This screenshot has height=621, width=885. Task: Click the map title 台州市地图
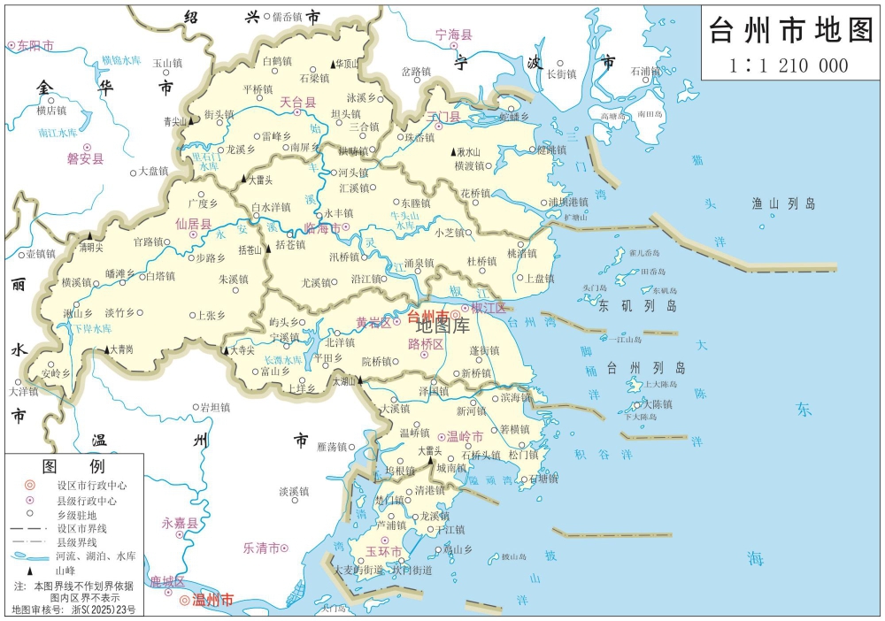click(790, 32)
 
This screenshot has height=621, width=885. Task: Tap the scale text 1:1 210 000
click(789, 65)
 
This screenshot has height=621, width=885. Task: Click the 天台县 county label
click(298, 103)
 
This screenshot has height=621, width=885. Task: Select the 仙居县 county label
click(194, 225)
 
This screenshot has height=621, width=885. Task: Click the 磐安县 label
click(85, 159)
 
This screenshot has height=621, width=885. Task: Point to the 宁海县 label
click(455, 34)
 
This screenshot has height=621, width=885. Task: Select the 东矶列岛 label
click(637, 306)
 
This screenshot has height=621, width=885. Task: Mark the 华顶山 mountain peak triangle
click(335, 64)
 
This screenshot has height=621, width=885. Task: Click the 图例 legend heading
click(73, 465)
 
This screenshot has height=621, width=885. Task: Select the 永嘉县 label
click(179, 524)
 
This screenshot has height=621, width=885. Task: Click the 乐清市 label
click(262, 548)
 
